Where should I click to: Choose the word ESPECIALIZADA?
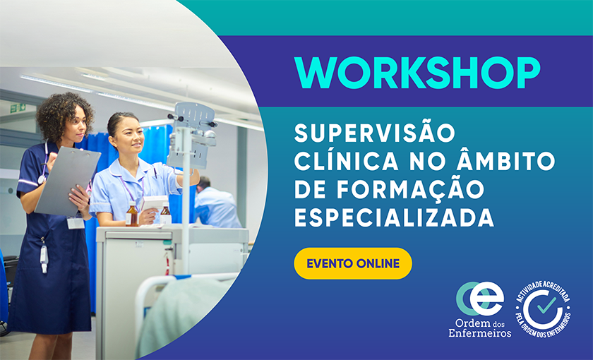(394, 218)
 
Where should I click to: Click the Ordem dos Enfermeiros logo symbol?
(480, 299)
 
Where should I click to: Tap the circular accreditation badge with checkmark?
(544, 309)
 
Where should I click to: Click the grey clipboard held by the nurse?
(67, 180)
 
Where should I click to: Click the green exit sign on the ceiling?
(18, 107)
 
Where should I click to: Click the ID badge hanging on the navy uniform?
(75, 223)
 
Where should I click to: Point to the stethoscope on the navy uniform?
(44, 166)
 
